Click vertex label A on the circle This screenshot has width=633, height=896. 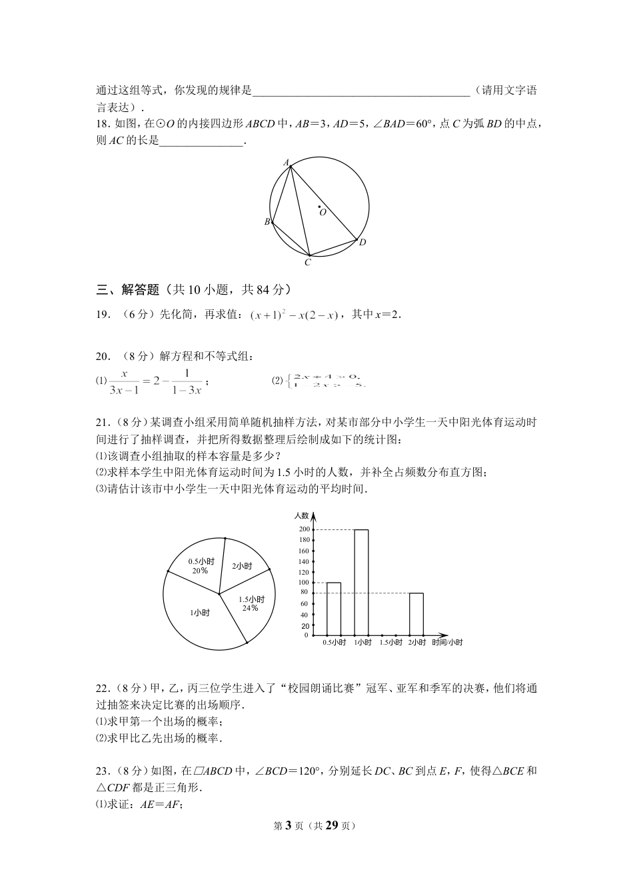[286, 162]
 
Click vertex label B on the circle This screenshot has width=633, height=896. [267, 222]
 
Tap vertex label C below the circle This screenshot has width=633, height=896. [308, 263]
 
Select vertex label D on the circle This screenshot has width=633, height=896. [362, 243]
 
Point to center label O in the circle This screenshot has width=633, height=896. [323, 213]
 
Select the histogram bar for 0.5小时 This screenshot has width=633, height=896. [334, 609]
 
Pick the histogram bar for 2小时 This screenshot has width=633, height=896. [416, 613]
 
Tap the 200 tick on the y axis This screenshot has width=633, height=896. [305, 529]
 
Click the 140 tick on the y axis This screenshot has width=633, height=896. [305, 562]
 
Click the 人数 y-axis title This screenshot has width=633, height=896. [302, 515]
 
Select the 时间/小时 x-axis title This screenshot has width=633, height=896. [447, 643]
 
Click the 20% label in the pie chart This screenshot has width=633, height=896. [199, 571]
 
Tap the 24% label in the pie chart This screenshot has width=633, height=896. [250, 608]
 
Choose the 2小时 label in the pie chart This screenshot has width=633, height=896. [242, 566]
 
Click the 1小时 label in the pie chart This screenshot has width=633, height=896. [200, 613]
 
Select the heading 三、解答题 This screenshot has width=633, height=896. [128, 289]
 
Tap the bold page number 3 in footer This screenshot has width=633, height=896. [289, 825]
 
